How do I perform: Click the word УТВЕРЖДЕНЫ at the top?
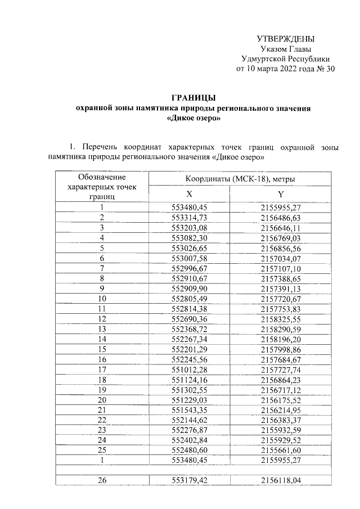coord(285,39)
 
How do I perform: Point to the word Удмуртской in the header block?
coord(261,60)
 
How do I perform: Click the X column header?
coord(193,193)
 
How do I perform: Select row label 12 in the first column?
coord(102,318)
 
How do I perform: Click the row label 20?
coord(102,399)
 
